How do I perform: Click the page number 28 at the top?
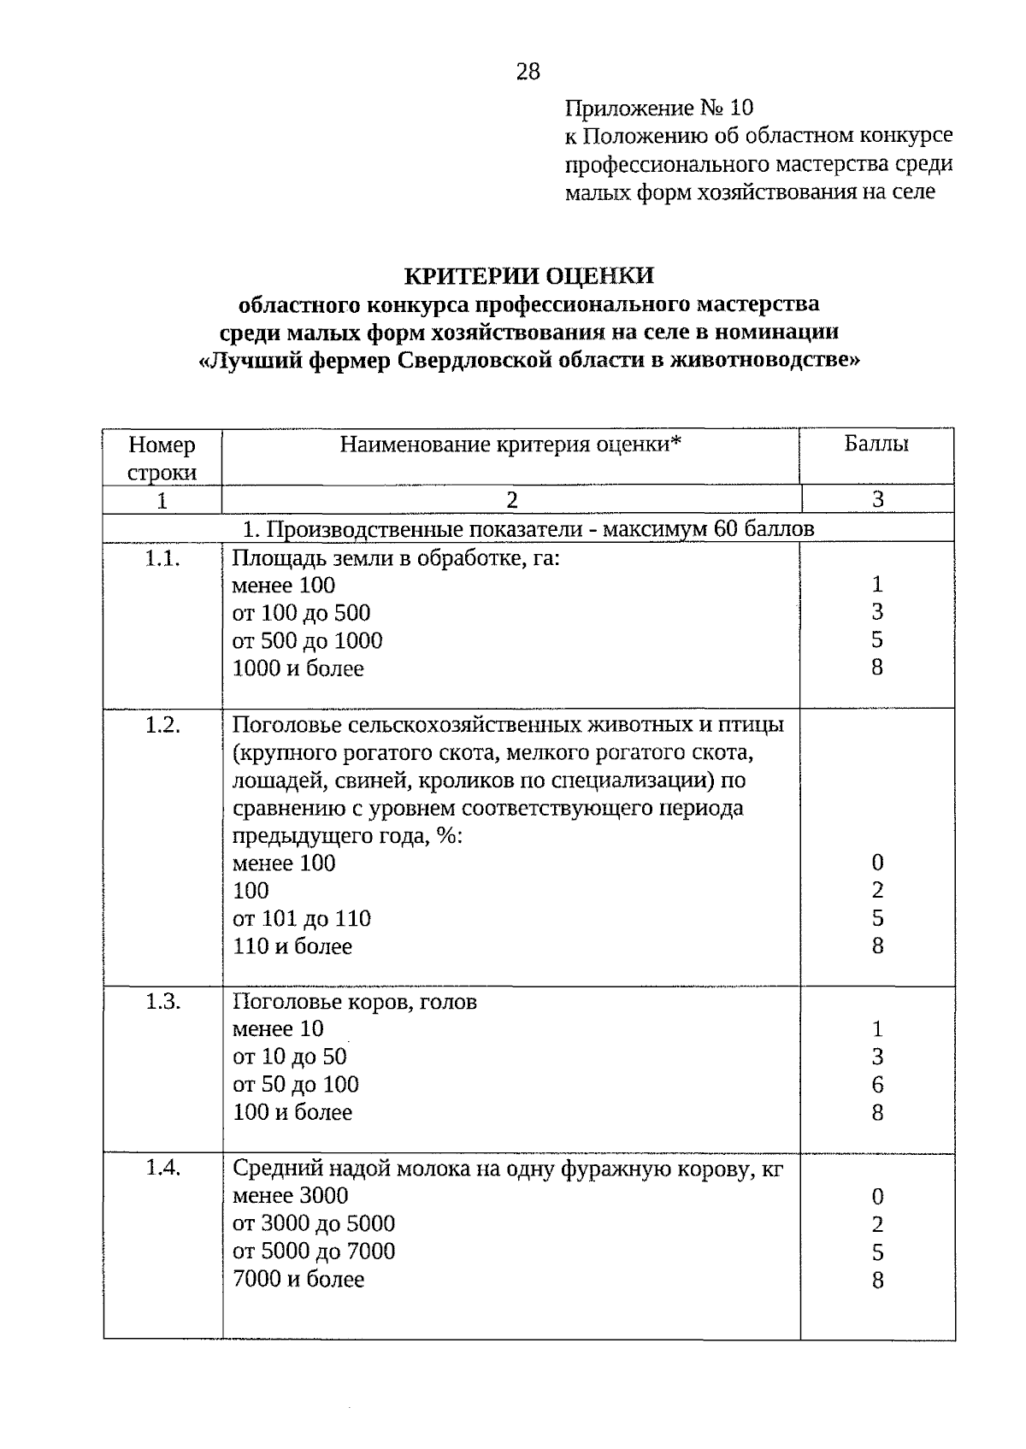point(528,72)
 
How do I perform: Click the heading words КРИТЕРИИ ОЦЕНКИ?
point(528,275)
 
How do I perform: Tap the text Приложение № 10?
point(659,108)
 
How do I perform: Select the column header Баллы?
point(876,444)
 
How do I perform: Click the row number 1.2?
point(162,725)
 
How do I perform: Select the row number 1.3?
point(162,1002)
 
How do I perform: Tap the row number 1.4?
point(162,1168)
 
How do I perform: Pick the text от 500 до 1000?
point(307,641)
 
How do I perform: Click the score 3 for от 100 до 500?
point(877,612)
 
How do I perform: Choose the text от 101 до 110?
point(302,919)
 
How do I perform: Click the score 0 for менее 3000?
point(877,1197)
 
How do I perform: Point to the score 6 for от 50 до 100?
point(877,1085)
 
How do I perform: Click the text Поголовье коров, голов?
point(355,1002)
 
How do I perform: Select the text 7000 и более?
point(298,1280)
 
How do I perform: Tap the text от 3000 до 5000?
point(314,1224)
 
